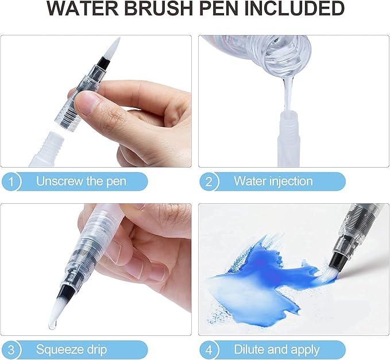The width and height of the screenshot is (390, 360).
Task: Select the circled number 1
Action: pos(12,181)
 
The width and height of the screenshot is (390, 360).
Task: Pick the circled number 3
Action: pos(12,349)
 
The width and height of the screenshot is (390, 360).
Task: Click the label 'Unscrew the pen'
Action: pos(81,181)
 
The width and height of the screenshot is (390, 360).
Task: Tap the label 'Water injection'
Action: pos(273,181)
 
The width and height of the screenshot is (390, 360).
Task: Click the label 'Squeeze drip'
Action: pos(71,349)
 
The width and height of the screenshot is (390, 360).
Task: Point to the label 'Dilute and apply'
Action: pos(276,349)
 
